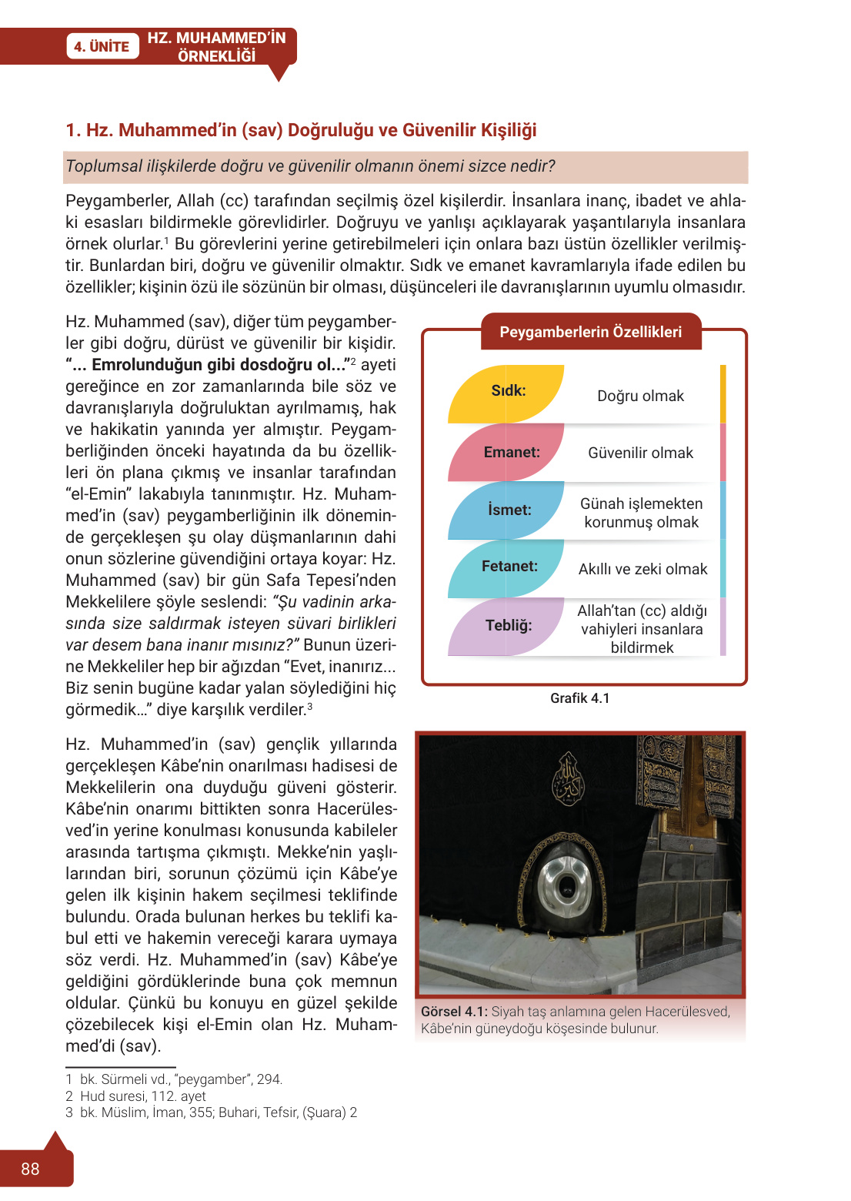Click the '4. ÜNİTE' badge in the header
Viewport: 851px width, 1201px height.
click(x=102, y=46)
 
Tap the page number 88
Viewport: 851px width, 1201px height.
click(x=30, y=1169)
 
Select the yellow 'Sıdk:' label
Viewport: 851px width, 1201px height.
click(x=508, y=391)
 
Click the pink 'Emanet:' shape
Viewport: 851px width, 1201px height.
click(x=511, y=453)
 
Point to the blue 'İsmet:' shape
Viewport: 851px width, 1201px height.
click(x=509, y=510)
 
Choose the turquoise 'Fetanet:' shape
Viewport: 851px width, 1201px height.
click(x=509, y=567)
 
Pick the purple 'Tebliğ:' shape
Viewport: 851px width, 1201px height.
click(x=509, y=625)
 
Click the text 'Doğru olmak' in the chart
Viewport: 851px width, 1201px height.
click(x=640, y=396)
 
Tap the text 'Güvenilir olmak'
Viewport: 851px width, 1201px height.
click(x=640, y=453)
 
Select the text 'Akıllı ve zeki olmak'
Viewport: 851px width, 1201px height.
click(x=642, y=569)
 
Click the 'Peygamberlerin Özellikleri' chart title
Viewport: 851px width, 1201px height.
click(x=590, y=332)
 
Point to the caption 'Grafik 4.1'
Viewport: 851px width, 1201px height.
click(x=579, y=698)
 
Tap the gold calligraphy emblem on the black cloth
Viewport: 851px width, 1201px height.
click(x=568, y=778)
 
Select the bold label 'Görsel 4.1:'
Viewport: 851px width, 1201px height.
click(x=454, y=1012)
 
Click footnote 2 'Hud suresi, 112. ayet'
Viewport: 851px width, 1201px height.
click(x=142, y=1096)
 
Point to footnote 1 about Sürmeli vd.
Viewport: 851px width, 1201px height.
click(x=181, y=1079)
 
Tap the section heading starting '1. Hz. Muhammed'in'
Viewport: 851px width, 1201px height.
click(x=301, y=130)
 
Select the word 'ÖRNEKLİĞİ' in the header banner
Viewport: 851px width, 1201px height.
click(x=216, y=56)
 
